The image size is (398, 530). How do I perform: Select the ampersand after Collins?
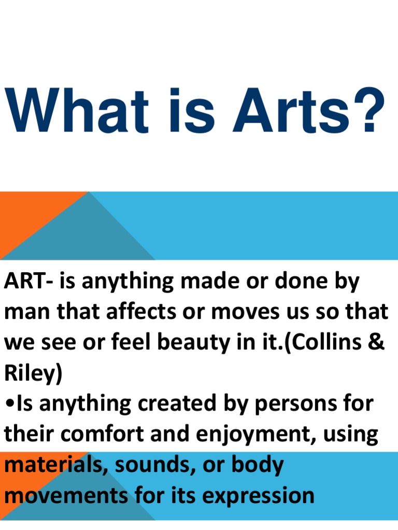[x=377, y=343]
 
